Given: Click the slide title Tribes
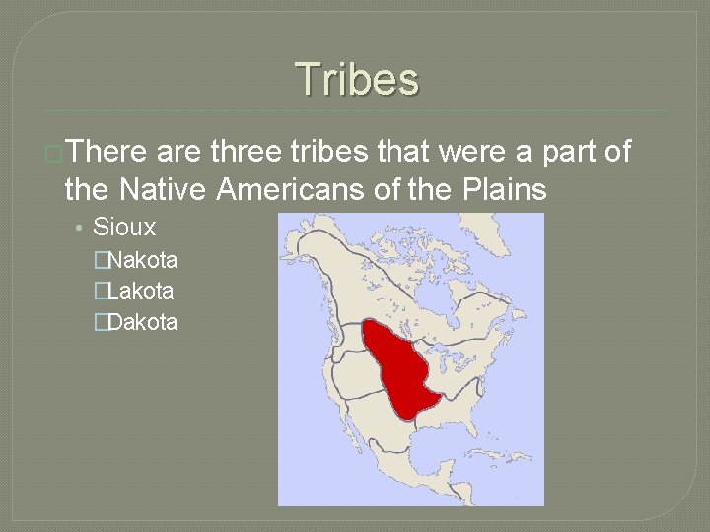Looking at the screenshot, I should pyautogui.click(x=356, y=79).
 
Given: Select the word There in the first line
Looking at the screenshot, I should pyautogui.click(x=107, y=152).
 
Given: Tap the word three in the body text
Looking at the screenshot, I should pyautogui.click(x=247, y=152).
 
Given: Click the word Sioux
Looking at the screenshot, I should pyautogui.click(x=124, y=227).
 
